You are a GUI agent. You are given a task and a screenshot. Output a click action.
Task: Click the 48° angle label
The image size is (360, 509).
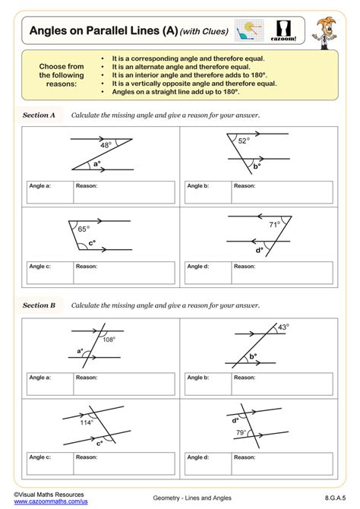[x=106, y=144]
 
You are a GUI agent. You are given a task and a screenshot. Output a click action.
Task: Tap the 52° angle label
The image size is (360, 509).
[x=243, y=141]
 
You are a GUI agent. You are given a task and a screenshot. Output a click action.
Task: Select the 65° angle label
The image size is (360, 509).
[x=84, y=228]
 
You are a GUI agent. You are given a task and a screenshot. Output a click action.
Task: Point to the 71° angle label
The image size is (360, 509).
[x=274, y=224]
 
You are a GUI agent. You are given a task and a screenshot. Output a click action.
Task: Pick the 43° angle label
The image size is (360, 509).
[x=283, y=327]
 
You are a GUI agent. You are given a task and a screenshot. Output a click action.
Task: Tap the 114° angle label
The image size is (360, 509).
[x=87, y=422]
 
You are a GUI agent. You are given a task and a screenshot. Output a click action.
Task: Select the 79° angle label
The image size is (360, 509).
[x=240, y=433]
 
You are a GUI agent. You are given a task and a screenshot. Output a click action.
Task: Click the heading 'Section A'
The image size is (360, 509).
[x=39, y=115]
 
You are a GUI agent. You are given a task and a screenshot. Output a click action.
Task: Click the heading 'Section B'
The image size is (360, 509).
[x=39, y=305]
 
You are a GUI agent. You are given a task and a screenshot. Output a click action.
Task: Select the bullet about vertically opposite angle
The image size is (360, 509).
[x=179, y=83]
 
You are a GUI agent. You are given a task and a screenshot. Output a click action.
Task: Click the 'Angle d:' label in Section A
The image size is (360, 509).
[x=199, y=267]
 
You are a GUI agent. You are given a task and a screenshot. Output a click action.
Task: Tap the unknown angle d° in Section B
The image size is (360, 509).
[x=235, y=419]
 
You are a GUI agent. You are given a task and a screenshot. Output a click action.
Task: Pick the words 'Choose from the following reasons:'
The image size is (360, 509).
[x=61, y=75]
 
